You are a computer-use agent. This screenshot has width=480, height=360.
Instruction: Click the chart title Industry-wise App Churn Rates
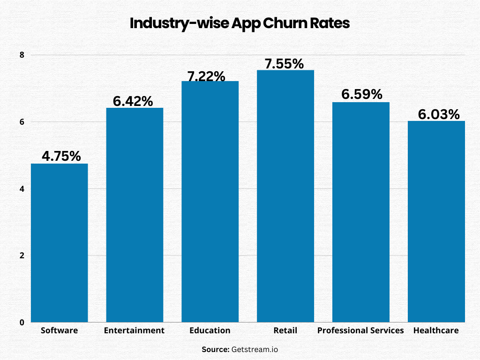tap(240, 23)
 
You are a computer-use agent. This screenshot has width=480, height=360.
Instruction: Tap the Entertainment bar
tap(135, 215)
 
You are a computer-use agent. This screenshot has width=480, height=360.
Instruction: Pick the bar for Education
tap(210, 202)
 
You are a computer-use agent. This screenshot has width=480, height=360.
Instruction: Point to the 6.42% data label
tap(133, 101)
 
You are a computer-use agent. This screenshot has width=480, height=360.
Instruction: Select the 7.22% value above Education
tap(207, 76)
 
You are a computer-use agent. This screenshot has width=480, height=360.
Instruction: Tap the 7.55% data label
tap(284, 63)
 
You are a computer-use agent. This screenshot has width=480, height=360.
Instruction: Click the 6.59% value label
tap(362, 94)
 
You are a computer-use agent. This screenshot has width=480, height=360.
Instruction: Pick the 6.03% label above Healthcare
tap(439, 114)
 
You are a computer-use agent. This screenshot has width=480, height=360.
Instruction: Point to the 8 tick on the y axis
tap(22, 55)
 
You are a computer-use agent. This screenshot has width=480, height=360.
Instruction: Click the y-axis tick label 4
tap(22, 189)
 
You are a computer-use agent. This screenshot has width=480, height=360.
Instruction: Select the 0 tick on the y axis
tap(22, 322)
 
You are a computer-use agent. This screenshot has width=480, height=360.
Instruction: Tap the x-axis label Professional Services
tap(360, 330)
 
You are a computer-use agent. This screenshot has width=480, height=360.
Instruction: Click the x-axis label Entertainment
tap(134, 330)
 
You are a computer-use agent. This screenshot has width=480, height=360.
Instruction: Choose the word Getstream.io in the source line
tap(258, 349)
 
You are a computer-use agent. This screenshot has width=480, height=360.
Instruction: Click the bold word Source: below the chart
tap(215, 349)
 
